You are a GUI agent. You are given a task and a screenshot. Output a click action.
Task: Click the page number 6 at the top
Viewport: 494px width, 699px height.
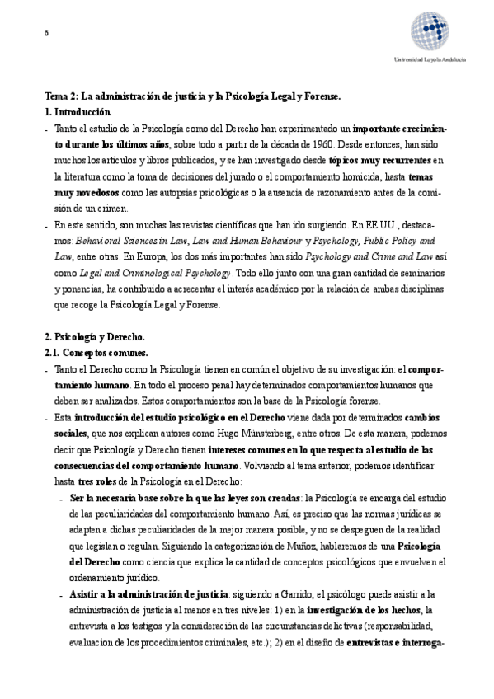point(46,32)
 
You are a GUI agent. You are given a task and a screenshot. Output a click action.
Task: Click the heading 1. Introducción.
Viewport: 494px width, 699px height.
point(77,111)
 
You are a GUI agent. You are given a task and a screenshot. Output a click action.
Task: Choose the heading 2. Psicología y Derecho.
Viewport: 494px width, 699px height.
point(94,337)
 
